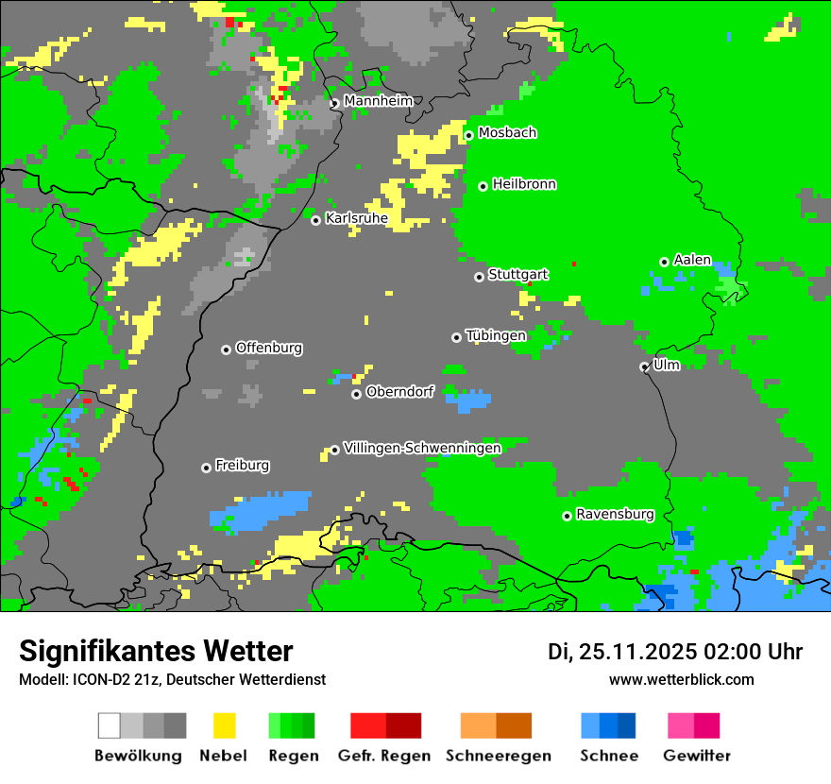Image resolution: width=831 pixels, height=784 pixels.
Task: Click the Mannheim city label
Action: pos(378,101)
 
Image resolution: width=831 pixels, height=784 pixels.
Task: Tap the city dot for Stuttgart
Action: pos(479,277)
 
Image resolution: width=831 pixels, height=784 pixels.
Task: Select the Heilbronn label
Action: pos(524,184)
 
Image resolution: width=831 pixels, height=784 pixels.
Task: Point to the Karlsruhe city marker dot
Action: pos(316,220)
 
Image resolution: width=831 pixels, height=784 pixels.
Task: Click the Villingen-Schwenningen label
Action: pos(422,448)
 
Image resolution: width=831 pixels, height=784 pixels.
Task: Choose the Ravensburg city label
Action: pos(615,515)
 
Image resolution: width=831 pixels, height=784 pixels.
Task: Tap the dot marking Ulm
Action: pos(644,366)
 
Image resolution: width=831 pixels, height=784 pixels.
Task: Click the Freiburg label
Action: pos(242,466)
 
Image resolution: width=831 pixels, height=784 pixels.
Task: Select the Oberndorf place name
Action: pos(399,392)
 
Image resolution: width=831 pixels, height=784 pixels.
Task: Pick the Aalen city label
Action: pos(692,260)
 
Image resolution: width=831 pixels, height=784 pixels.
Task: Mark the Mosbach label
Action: pos(507,133)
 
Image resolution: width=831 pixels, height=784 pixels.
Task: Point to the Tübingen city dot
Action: pos(457,337)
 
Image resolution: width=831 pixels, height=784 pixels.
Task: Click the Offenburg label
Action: pos(269,348)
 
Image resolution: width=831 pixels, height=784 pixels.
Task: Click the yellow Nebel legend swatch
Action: pos(224,725)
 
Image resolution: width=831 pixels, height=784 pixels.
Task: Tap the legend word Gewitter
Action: pos(697,756)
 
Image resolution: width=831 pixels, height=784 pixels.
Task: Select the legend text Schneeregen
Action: pos(498,756)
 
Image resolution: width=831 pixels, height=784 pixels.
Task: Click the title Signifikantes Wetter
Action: pos(156,651)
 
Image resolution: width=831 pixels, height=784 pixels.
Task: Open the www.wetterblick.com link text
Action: pos(681,679)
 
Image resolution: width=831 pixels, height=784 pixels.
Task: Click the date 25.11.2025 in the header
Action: pos(638,652)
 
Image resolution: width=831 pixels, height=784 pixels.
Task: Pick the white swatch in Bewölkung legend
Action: pos(110,725)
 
